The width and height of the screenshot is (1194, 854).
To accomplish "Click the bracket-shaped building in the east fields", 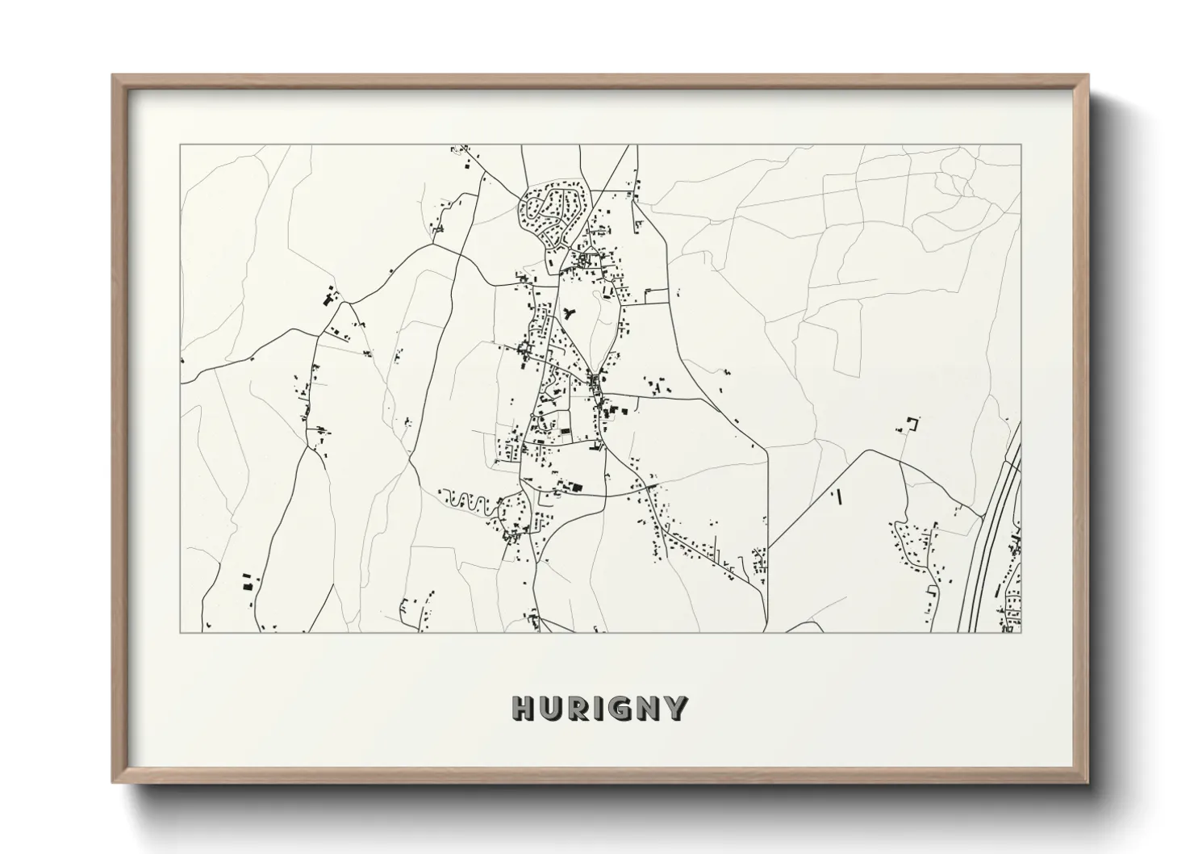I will tap(913, 423).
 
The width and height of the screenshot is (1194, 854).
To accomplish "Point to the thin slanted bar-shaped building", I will tap(839, 497).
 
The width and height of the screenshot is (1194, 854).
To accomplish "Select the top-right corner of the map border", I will tap(1021, 145).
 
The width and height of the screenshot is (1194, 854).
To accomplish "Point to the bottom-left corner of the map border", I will tap(180, 632).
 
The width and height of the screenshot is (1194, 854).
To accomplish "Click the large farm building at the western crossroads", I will tap(328, 299).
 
